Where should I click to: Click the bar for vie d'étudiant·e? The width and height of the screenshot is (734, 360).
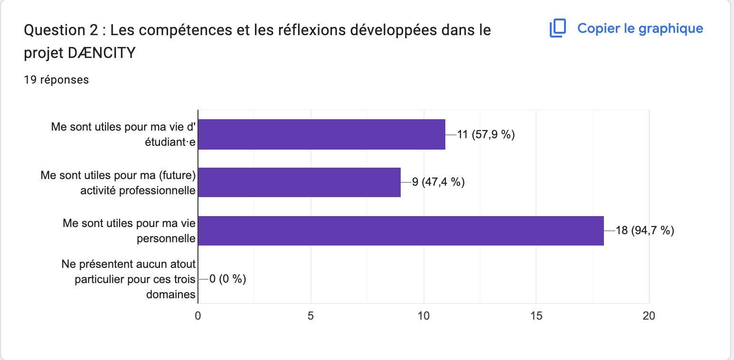coord(321,134)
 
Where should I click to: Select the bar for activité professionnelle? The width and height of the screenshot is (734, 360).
coord(299,182)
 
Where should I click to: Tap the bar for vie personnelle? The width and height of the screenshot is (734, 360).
coord(401,231)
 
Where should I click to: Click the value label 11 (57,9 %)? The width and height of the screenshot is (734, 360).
coord(486,134)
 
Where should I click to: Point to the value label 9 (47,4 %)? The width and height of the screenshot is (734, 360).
coord(438,182)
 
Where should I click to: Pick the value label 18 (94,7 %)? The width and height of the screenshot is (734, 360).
coord(645,231)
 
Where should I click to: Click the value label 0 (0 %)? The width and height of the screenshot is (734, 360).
coord(227,279)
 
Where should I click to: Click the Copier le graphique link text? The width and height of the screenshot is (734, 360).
coord(640,28)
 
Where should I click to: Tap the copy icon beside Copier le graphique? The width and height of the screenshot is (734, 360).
coord(558,28)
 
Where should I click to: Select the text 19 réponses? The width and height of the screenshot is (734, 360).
coord(56,80)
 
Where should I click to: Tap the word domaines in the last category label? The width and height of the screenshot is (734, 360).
coord(171,294)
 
